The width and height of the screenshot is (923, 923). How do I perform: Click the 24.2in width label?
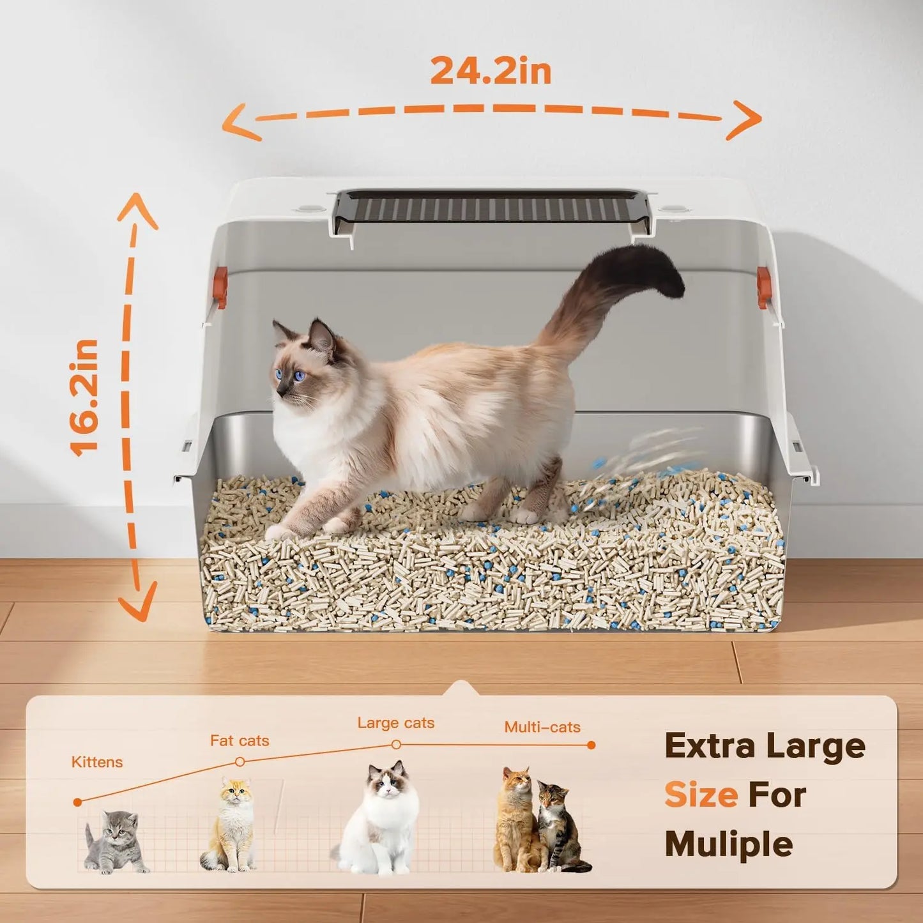[x=491, y=70]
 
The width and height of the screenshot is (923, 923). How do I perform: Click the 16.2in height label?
[x=85, y=397]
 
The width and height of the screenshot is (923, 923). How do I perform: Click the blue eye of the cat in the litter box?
[x=299, y=376]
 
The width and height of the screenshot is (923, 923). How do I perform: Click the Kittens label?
[x=97, y=762]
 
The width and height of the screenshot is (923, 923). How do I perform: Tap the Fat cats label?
[x=240, y=741]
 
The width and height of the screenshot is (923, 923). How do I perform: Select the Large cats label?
[x=396, y=723]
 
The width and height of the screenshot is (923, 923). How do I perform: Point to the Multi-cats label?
[x=542, y=727]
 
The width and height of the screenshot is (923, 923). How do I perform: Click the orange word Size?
[x=701, y=795]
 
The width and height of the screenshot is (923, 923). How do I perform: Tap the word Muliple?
[x=729, y=844]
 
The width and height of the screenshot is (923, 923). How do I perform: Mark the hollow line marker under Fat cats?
[x=240, y=761]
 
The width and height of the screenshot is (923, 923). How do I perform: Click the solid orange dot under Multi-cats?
[x=591, y=745]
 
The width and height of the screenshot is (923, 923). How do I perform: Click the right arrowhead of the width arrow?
[x=747, y=119]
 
